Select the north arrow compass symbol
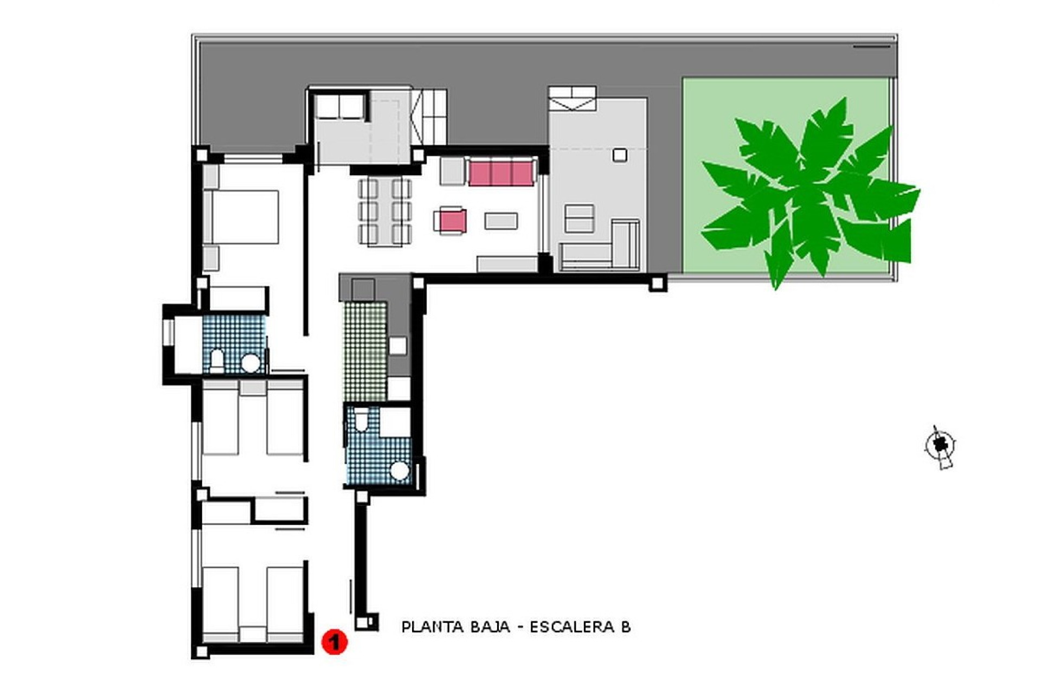coord(941,446)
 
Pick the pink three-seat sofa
coord(500,173)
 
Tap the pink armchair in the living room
coord(451,221)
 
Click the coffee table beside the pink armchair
coord(501,221)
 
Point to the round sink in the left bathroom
coord(250,362)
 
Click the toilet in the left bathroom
coord(217,360)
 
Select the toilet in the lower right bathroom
coord(361,420)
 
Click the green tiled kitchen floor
coord(365,352)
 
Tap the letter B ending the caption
coord(626,627)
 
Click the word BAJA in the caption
coord(490,627)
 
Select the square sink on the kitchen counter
coord(397,345)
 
